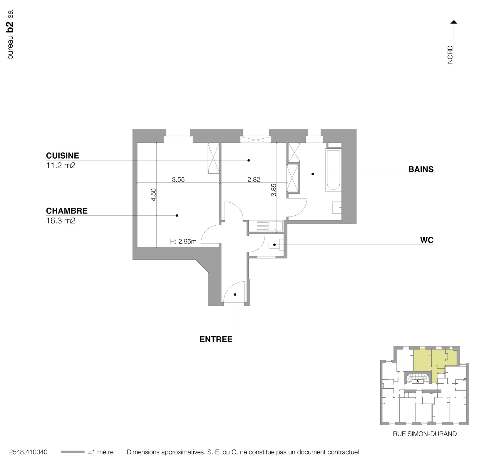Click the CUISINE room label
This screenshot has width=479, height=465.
62,156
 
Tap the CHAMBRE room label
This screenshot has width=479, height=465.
67,211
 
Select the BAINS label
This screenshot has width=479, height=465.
421,169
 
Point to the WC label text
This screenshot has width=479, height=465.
427,240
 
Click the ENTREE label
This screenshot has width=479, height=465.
216,340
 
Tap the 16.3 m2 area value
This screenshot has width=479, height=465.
61,221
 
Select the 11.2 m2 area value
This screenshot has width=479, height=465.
61,165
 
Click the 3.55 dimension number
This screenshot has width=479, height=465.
178,180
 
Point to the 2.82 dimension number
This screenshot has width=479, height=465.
254,180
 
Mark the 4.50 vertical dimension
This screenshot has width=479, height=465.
153,194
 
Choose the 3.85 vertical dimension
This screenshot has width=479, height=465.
274,190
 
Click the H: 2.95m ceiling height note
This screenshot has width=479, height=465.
183,242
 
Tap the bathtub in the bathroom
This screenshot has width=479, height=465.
333,170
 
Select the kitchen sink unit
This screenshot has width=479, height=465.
266,226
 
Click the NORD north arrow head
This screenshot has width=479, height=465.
454,22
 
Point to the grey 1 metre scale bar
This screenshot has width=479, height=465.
73,452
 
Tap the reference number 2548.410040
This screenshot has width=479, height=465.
28,452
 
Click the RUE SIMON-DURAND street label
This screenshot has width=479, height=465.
425,434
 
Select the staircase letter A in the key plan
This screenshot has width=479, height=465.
418,381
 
